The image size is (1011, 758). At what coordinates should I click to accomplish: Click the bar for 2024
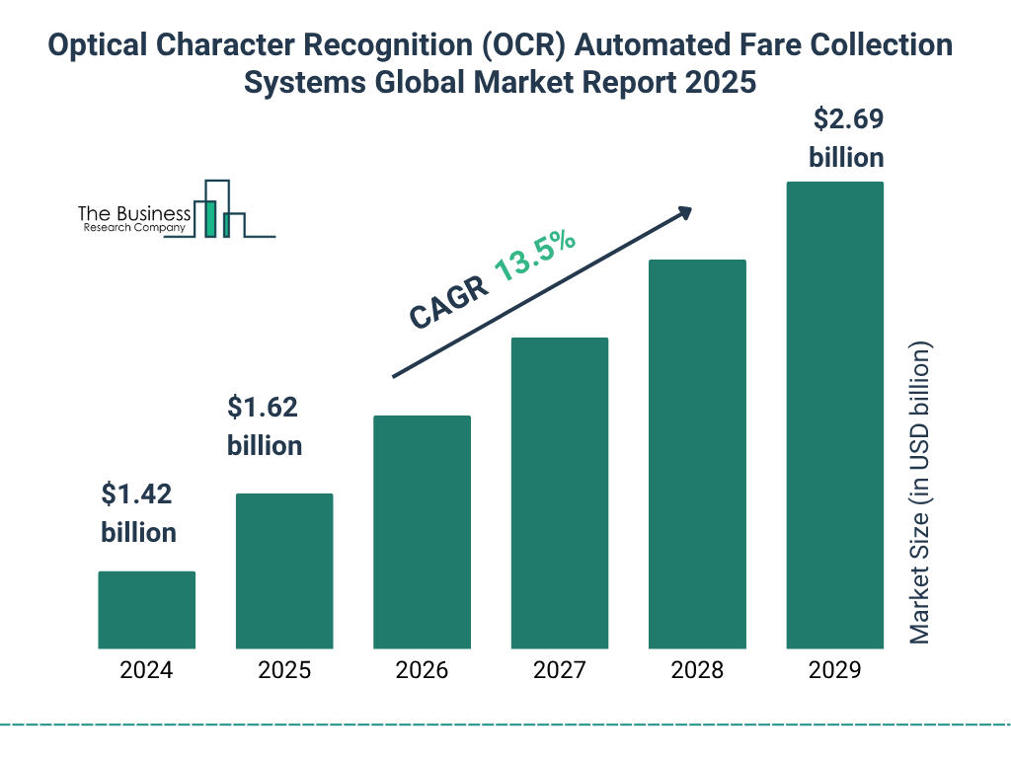coord(146,610)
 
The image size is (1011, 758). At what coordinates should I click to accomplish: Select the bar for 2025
coord(284,570)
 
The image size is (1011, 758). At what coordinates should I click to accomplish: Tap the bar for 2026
coord(422,532)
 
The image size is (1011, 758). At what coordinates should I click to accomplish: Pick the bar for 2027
coord(559,493)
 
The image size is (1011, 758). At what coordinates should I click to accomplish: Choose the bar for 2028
coord(697,454)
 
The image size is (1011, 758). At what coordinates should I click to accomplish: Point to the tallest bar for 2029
coord(834,415)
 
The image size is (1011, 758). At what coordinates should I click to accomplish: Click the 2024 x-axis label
coord(146,671)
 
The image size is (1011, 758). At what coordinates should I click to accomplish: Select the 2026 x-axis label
coord(422,671)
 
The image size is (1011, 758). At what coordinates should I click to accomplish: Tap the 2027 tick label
coord(559,671)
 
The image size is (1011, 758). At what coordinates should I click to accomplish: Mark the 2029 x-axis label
coord(834,671)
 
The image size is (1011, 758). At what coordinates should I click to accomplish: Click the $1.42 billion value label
coord(138,513)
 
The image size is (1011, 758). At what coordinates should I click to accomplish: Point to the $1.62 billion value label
coord(264,425)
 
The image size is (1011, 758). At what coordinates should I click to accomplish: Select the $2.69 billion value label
coord(846,138)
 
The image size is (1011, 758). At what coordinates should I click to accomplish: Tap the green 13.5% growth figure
coord(535,255)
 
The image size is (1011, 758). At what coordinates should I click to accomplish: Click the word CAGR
coord(448,301)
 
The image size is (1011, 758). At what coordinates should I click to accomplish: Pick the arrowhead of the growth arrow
coord(683,212)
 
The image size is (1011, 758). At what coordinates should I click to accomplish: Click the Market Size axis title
coord(920,493)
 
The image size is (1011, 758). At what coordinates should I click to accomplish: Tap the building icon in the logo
coord(222,210)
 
